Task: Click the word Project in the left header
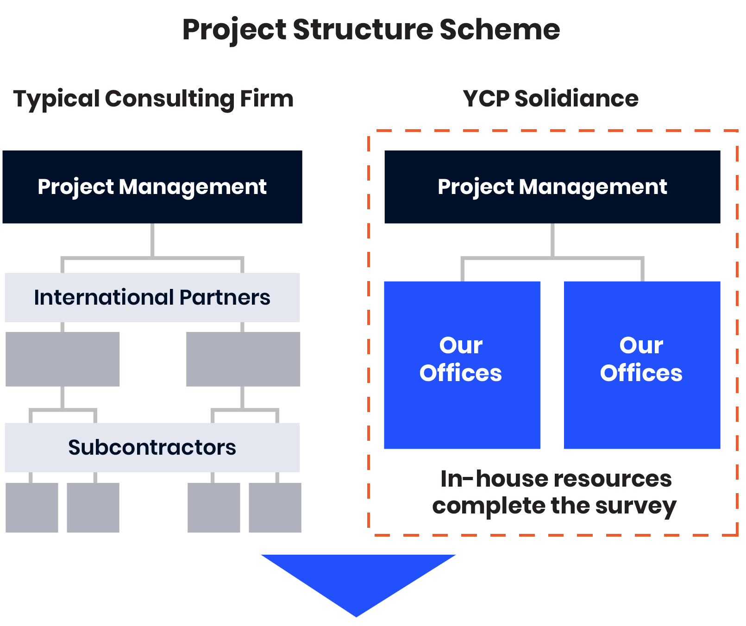pyautogui.click(x=75, y=187)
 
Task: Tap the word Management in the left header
pyautogui.click(x=193, y=187)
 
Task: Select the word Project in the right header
pyautogui.click(x=476, y=187)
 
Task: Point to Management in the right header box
pyautogui.click(x=593, y=187)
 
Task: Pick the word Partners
pyautogui.click(x=225, y=297)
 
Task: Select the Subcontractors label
pyautogui.click(x=152, y=447)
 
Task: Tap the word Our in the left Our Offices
pyautogui.click(x=461, y=345)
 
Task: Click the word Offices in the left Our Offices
pyautogui.click(x=461, y=373)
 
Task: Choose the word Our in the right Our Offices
pyautogui.click(x=641, y=345)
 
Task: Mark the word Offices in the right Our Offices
pyautogui.click(x=641, y=373)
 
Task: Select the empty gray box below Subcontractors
pyautogui.click(x=185, y=507)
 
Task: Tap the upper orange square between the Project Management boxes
pyautogui.click(x=376, y=173)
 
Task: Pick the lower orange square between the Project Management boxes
pyautogui.click(x=376, y=202)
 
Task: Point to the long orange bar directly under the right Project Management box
pyautogui.click(x=458, y=231)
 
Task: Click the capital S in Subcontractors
pyautogui.click(x=75, y=447)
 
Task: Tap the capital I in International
pyautogui.click(x=37, y=297)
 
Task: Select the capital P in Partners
pyautogui.click(x=186, y=297)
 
